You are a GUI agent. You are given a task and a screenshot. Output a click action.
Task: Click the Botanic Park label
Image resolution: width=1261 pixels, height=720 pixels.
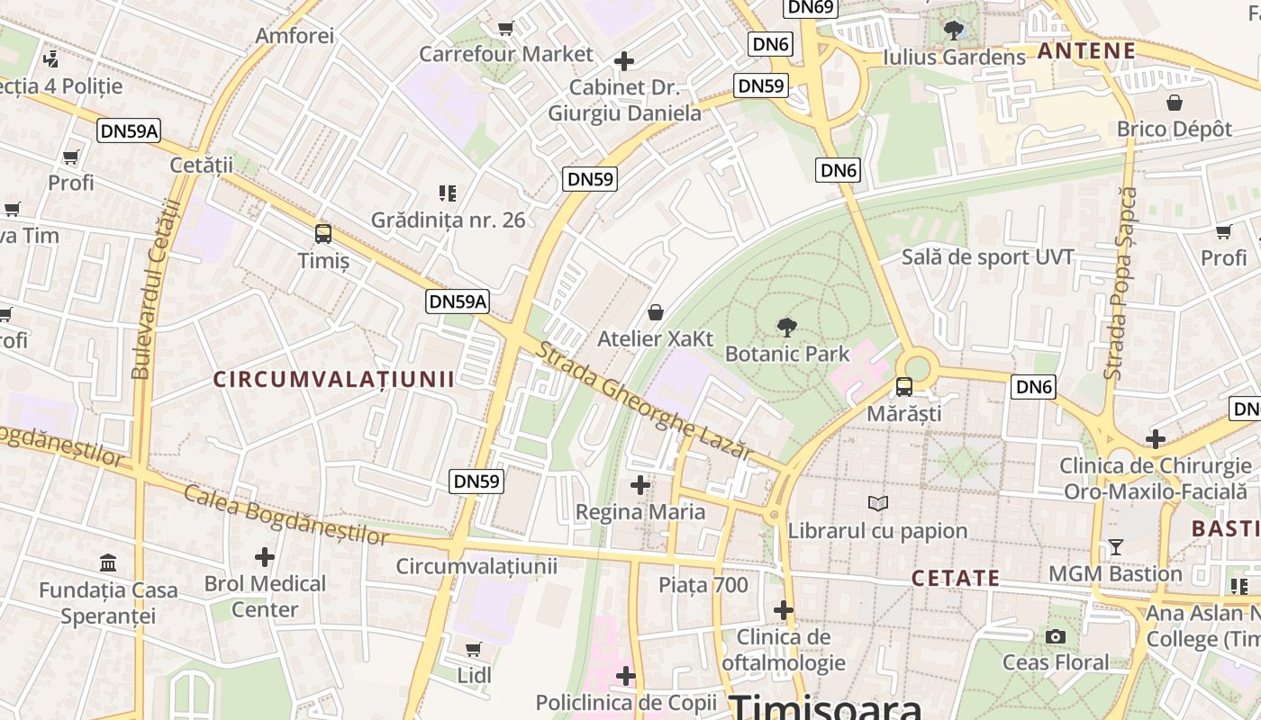787,354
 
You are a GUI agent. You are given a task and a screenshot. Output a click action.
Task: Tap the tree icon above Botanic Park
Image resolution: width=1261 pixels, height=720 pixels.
787,328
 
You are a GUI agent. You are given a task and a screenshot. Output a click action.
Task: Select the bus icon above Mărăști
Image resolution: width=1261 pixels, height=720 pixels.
903,387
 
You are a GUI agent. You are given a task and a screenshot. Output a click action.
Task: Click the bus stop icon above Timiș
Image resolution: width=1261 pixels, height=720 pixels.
323,234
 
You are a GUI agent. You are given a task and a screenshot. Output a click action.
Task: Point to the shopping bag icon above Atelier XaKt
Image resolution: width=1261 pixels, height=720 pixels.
656,312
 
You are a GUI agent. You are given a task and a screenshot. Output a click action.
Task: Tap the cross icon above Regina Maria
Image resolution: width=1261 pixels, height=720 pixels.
640,486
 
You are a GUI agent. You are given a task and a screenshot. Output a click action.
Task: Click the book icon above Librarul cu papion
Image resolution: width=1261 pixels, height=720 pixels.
878,504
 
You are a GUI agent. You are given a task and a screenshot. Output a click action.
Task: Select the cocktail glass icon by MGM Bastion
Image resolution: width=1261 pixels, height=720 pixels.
1116,547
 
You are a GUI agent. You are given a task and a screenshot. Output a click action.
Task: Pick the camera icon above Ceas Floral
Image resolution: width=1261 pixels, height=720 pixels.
1056,637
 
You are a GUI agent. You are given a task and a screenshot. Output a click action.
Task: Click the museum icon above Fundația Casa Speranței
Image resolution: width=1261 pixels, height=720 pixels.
108,563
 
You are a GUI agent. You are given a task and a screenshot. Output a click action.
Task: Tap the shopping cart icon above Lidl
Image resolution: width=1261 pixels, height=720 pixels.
474,649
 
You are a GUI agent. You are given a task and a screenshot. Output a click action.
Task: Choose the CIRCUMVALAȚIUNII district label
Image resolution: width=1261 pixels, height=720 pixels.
334,379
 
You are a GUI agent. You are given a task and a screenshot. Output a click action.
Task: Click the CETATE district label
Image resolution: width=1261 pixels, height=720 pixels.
956,578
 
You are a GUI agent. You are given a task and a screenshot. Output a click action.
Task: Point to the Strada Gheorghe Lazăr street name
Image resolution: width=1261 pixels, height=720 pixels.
643,400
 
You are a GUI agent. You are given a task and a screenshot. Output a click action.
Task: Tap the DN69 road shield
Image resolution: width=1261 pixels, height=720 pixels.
812,8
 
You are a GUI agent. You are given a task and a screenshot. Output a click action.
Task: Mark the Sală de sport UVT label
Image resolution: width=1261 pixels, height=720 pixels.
988,257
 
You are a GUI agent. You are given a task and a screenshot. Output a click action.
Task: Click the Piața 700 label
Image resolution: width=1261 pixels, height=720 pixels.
703,585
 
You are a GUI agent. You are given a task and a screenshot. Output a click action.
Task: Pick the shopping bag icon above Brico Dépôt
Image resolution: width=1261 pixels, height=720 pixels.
1174,103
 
